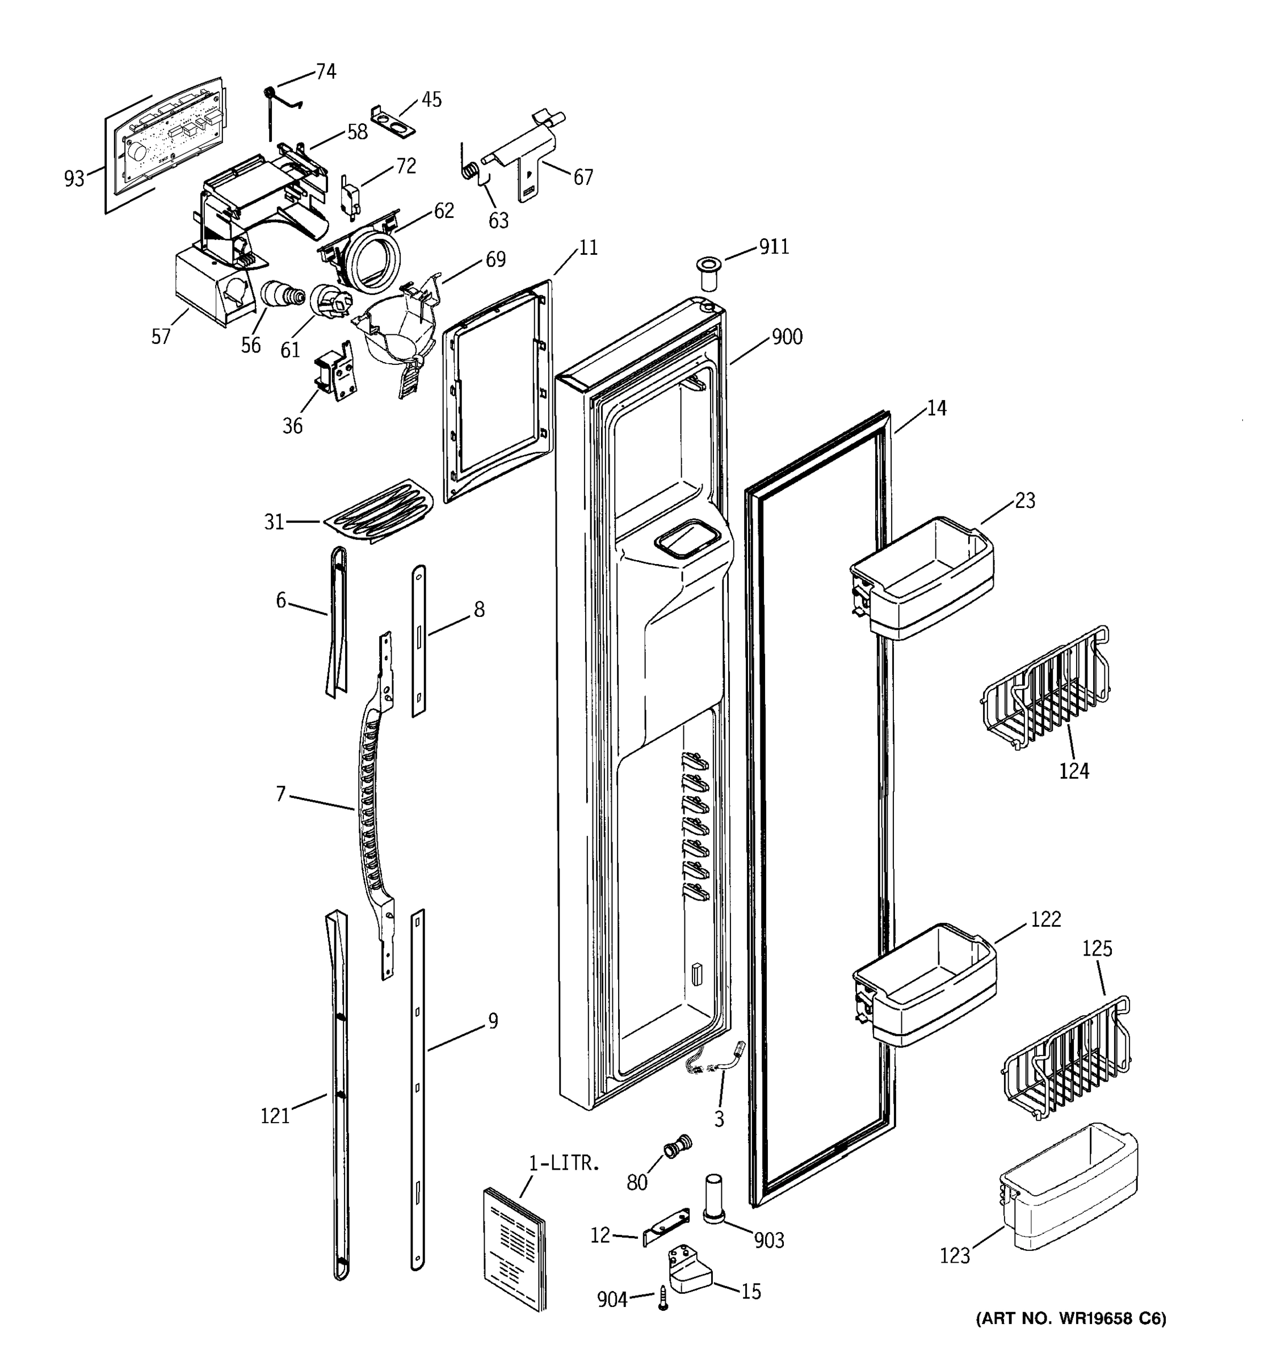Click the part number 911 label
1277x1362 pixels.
pos(774,247)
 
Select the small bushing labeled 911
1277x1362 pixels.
pos(709,274)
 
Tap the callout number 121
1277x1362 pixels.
pos(275,1116)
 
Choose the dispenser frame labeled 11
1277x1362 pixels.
pos(497,390)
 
